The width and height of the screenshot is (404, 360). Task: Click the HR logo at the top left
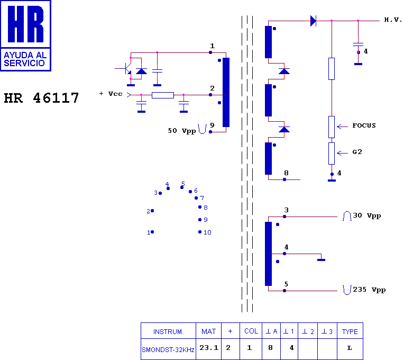[x=25, y=35]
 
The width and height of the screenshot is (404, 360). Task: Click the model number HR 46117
[x=42, y=98]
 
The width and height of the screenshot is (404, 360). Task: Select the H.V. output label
[x=393, y=20]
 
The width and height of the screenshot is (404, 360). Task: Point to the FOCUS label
[x=364, y=125]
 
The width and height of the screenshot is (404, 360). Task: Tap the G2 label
[x=357, y=152]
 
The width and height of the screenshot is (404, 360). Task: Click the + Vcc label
[x=111, y=94]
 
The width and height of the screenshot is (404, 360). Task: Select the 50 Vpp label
[x=181, y=130]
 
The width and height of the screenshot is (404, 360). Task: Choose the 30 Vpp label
[x=366, y=215]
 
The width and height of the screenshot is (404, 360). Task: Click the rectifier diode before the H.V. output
[x=313, y=21]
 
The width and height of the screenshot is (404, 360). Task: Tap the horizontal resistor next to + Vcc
[x=162, y=95]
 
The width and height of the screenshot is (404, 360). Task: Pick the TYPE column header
[x=350, y=332]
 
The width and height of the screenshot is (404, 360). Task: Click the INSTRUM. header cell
[x=168, y=332]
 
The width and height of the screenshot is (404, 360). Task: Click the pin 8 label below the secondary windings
[x=286, y=173]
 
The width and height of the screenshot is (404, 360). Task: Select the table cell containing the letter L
[x=350, y=348]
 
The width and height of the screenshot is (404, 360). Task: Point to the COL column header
[x=251, y=331]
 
